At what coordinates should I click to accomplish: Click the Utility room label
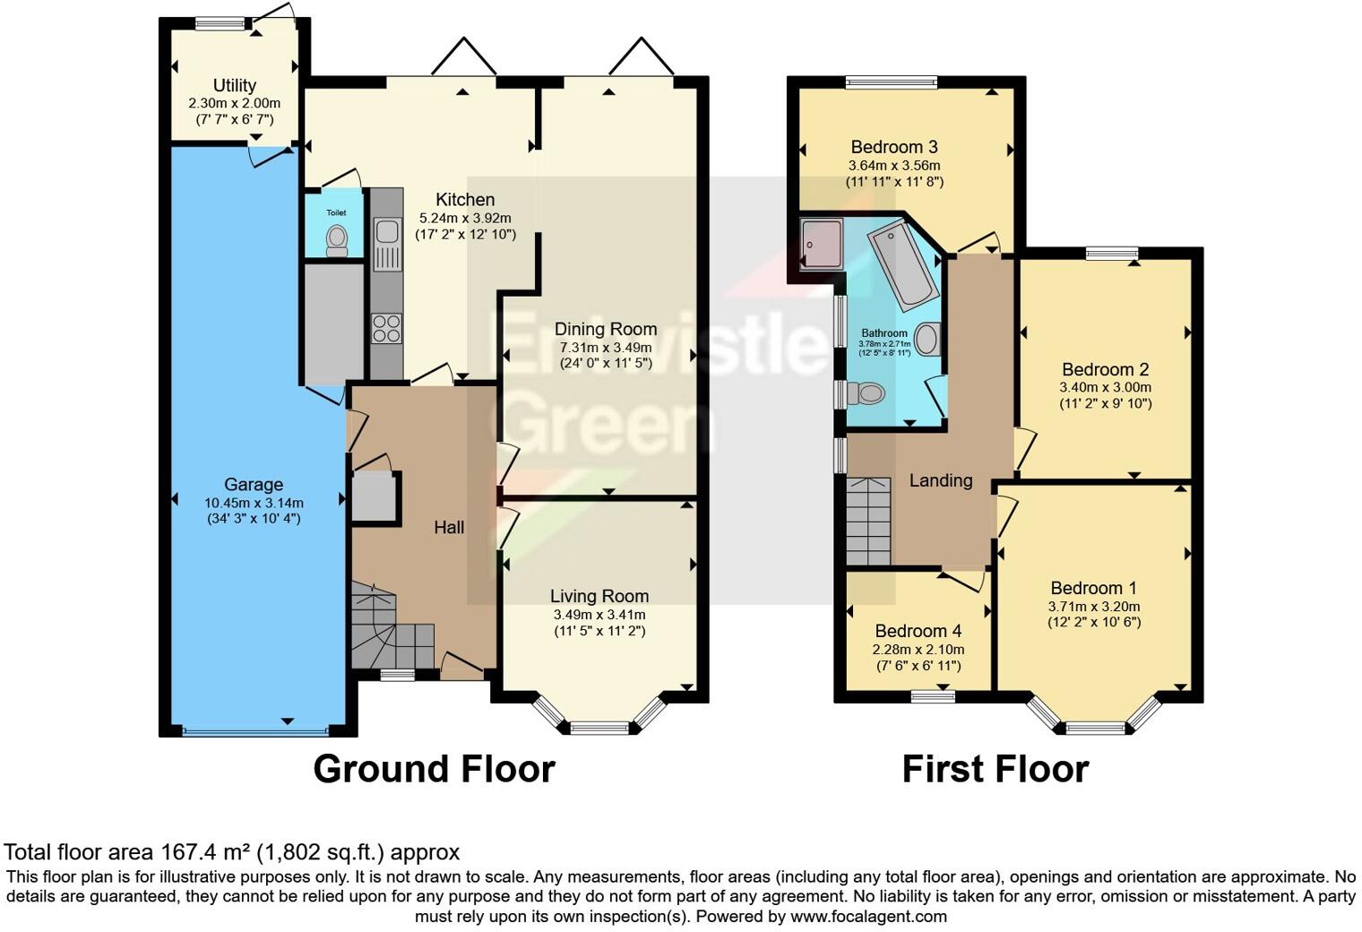234,86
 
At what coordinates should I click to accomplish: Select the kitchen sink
387,232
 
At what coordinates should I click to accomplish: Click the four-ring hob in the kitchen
387,328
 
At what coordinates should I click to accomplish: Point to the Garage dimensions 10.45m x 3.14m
254,503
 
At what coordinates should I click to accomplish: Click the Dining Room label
605,329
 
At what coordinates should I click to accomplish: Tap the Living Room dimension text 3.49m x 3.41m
599,615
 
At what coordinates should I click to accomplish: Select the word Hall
449,527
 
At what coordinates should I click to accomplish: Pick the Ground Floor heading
434,769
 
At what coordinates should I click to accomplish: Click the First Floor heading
995,769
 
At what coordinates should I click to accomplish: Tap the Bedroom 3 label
894,147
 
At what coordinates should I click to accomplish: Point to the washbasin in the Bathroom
928,340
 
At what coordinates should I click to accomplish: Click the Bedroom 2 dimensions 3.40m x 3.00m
1105,387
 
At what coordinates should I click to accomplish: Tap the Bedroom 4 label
911,631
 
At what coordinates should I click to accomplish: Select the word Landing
940,480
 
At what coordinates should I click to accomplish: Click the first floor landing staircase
868,521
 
